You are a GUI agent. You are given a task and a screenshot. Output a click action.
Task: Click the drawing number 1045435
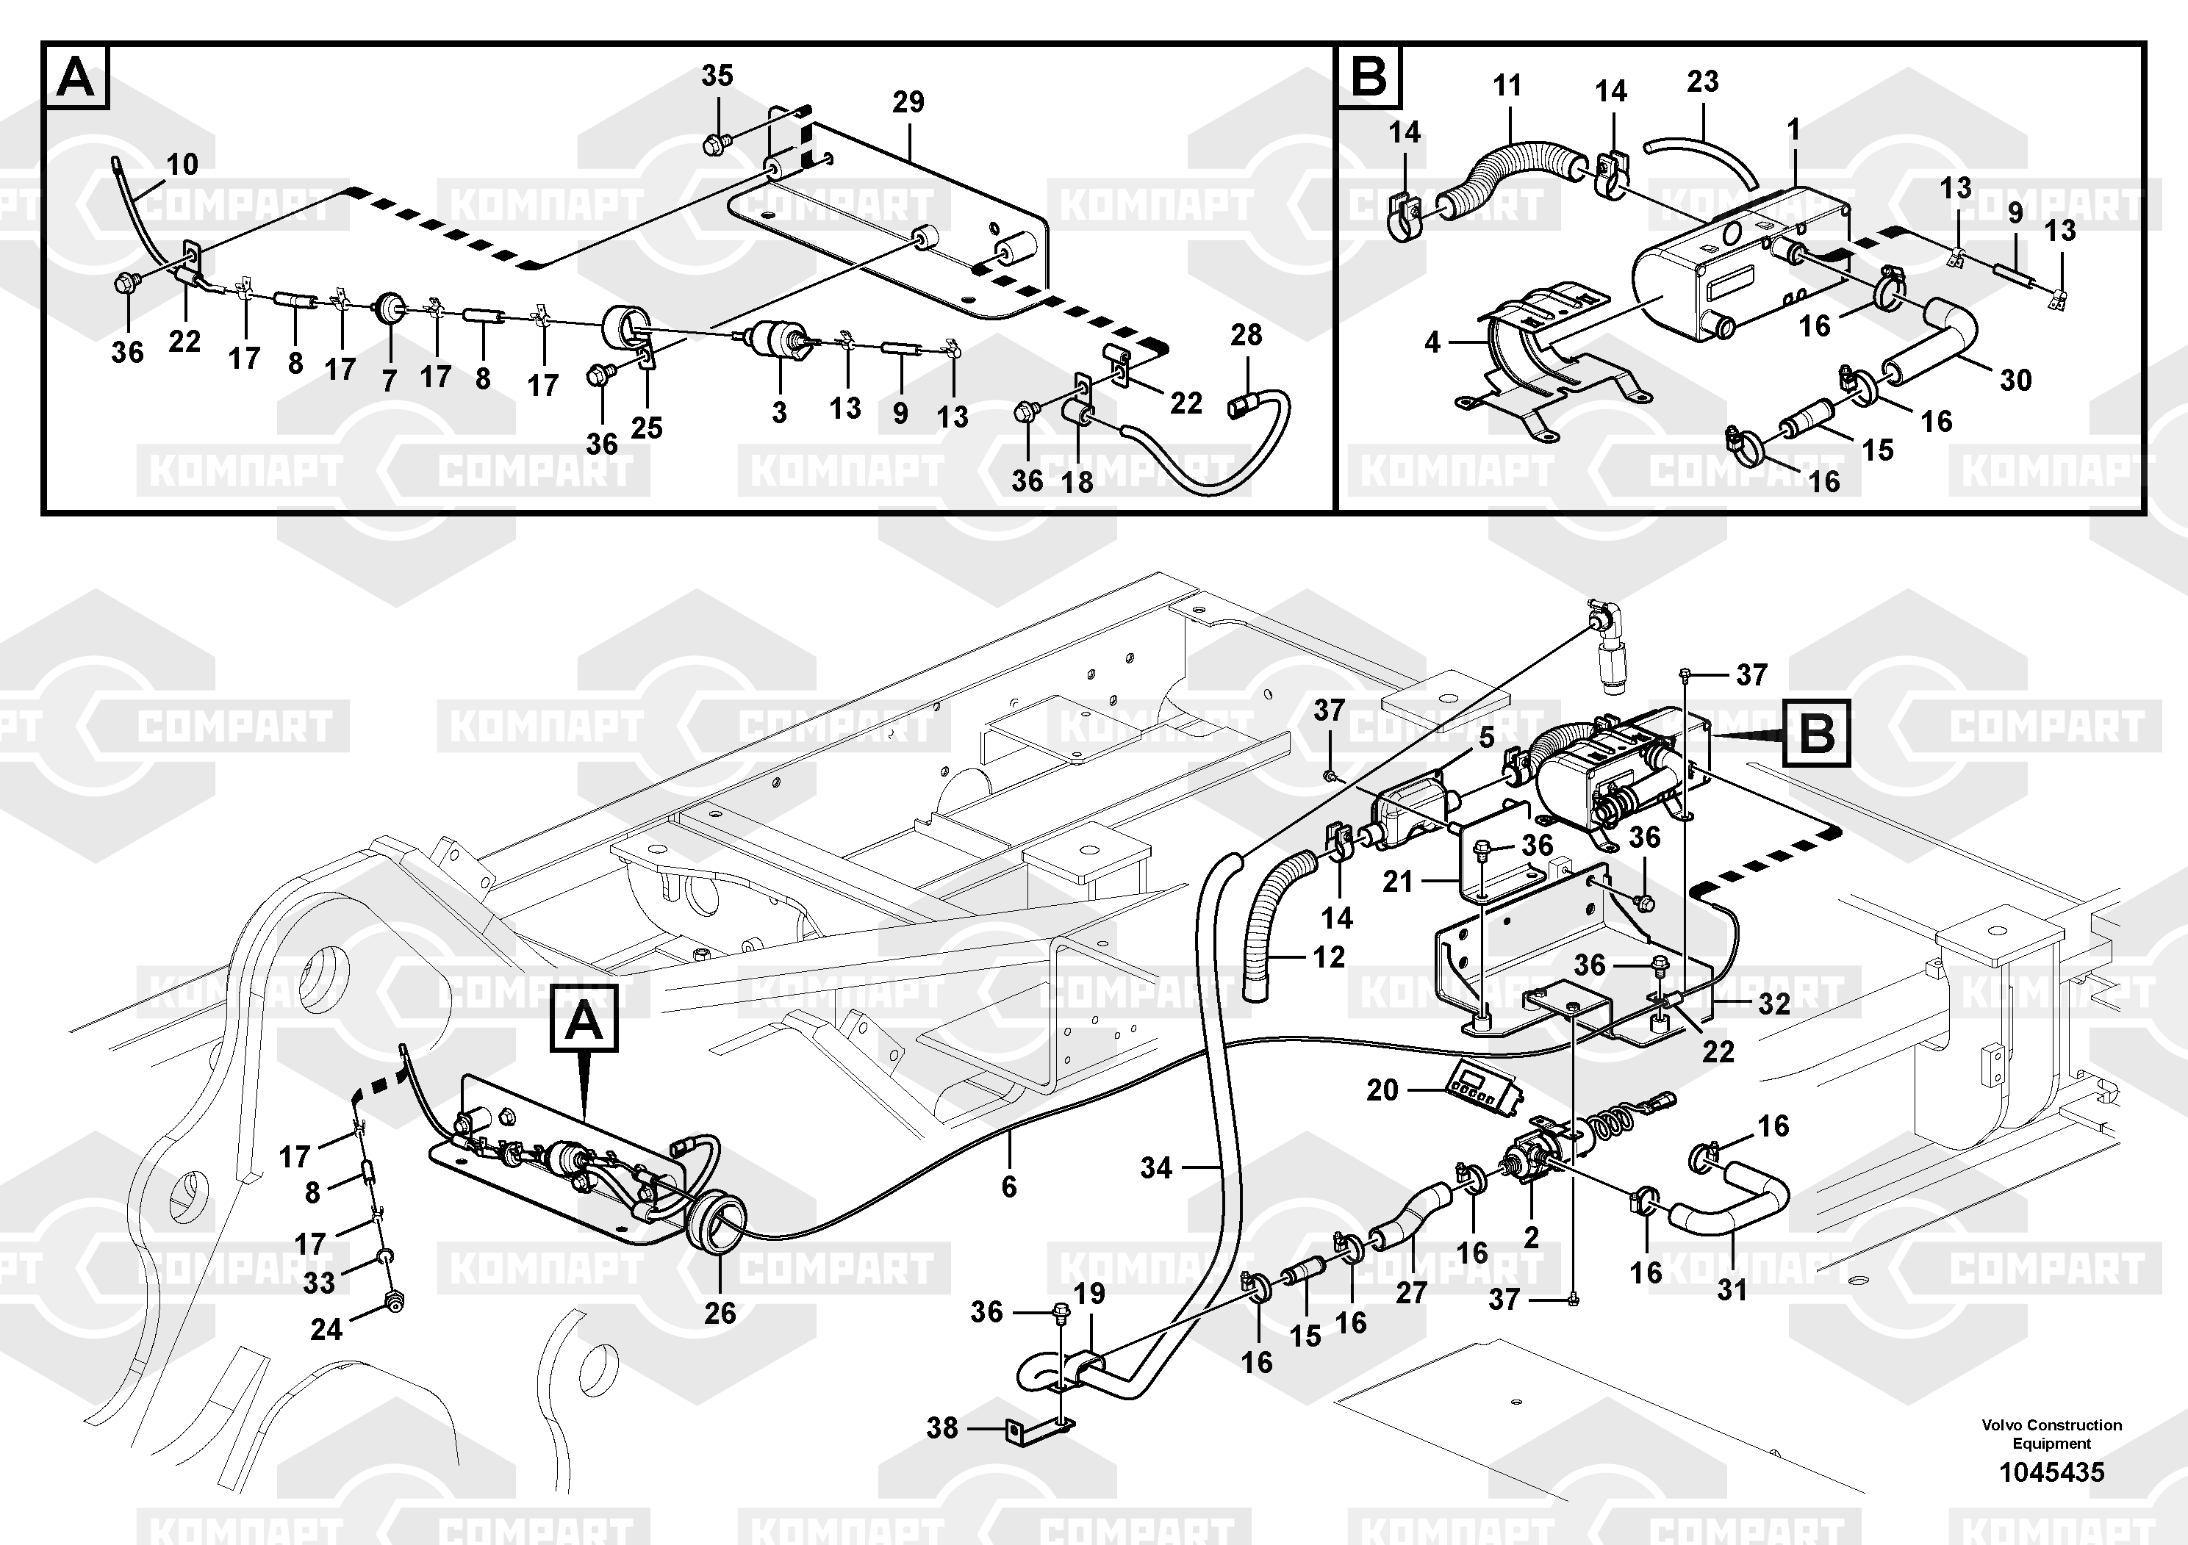2051,1472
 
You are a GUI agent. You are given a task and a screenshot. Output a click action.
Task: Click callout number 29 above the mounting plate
908,102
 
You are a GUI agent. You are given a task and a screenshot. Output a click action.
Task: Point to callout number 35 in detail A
717,75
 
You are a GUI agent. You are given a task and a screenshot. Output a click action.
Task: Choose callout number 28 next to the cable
1246,335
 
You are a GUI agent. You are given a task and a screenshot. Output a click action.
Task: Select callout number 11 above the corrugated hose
1507,86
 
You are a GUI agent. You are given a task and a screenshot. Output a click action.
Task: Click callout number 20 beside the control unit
1382,1089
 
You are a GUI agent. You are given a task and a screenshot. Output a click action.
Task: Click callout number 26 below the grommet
720,1313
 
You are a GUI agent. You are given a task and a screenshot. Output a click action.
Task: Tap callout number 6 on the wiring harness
1008,1186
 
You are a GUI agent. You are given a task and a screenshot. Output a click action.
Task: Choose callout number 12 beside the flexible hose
1328,957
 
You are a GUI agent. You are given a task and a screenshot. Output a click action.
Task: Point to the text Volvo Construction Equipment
2051,1433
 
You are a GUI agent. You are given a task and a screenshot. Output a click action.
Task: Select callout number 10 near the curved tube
182,164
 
